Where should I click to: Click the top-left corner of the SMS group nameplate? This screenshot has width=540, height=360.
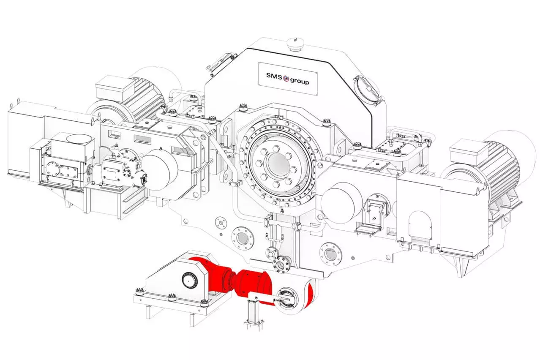[258, 62]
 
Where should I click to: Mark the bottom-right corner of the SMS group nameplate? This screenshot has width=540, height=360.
[317, 95]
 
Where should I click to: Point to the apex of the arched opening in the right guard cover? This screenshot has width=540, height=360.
[419, 211]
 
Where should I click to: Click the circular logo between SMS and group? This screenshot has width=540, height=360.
[286, 78]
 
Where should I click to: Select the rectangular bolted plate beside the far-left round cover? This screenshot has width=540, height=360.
[68, 171]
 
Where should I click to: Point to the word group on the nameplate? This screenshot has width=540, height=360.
[300, 81]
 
